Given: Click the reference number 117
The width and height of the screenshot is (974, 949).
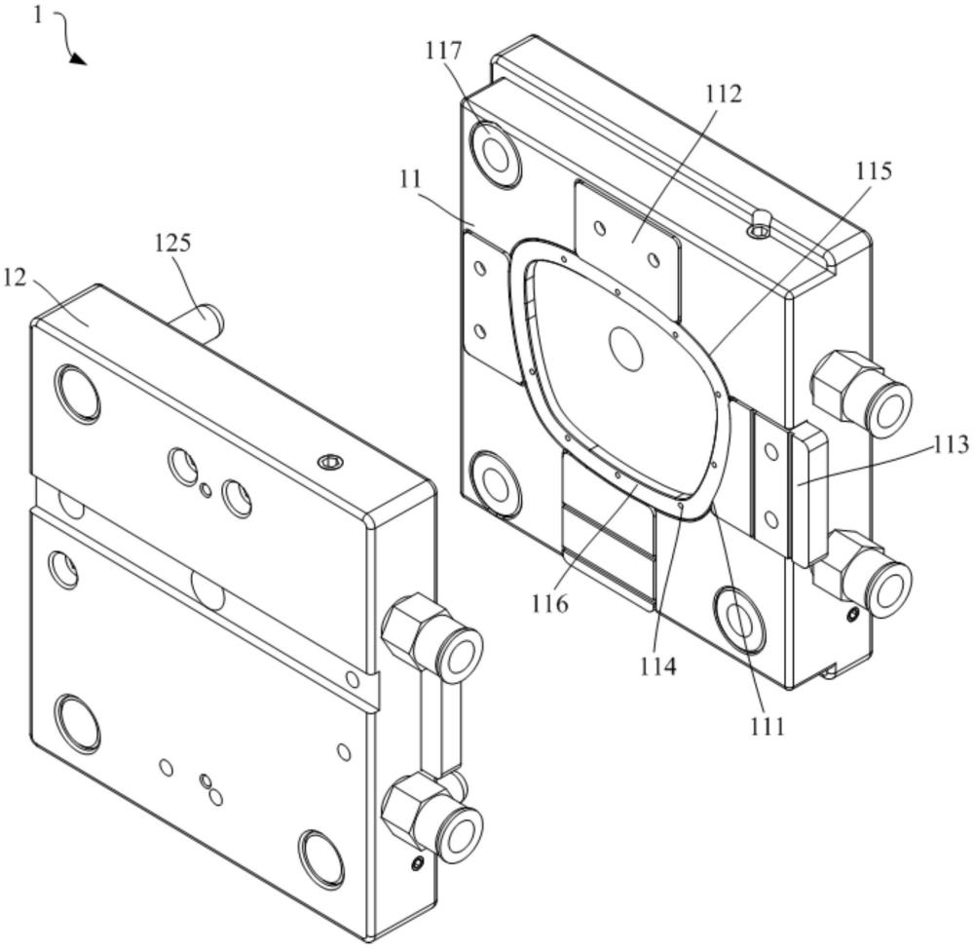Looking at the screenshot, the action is [x=443, y=51].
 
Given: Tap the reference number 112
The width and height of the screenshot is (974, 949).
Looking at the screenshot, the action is [x=724, y=94].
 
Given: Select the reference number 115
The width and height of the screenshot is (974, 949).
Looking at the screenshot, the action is [x=874, y=171].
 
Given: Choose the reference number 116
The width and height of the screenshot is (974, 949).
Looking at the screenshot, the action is [x=549, y=602].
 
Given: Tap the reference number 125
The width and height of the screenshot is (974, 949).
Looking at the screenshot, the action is [x=172, y=243].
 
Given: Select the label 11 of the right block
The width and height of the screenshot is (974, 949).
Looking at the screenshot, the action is [x=411, y=179].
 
